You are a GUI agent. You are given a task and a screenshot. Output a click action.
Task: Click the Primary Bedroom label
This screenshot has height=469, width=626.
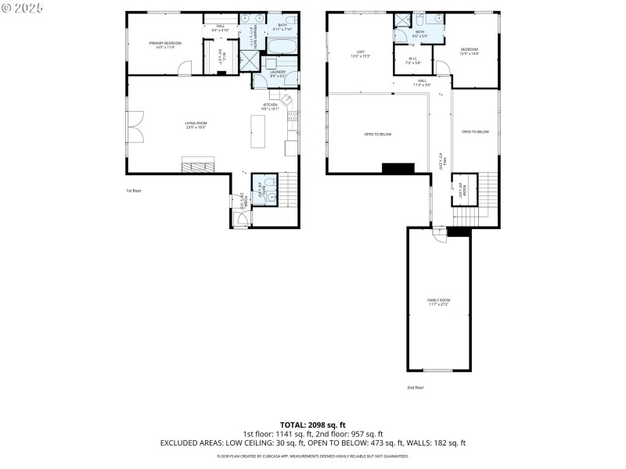coord(166,45)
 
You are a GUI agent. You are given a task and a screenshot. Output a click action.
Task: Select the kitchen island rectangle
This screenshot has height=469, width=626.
coord(258,131)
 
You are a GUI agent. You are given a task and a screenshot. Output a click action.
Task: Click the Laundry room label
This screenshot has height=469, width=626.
coord(278,74)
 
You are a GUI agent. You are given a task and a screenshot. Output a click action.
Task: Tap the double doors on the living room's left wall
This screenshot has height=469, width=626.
coord(135,125)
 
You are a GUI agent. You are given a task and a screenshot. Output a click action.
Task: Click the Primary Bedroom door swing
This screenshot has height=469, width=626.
coord(183,69)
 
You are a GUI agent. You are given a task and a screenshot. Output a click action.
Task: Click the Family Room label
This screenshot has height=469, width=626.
coord(438,302)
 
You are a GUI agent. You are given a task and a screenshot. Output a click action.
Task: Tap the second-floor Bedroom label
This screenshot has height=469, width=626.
coord(469,51)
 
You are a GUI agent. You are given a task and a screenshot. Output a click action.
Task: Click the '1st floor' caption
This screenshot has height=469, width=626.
coord(134,191)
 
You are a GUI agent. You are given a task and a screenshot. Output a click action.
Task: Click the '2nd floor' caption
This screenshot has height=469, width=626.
coord(415,388)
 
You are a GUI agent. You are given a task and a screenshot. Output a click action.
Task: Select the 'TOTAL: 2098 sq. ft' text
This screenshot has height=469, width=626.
coord(312,424)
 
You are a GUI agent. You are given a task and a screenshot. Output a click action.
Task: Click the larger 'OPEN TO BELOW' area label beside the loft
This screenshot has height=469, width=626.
coord(378,134)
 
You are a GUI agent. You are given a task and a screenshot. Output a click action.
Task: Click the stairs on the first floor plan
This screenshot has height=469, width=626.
coord(288,189)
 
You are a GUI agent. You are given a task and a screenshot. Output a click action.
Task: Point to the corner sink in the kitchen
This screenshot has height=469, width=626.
coord(287,99)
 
